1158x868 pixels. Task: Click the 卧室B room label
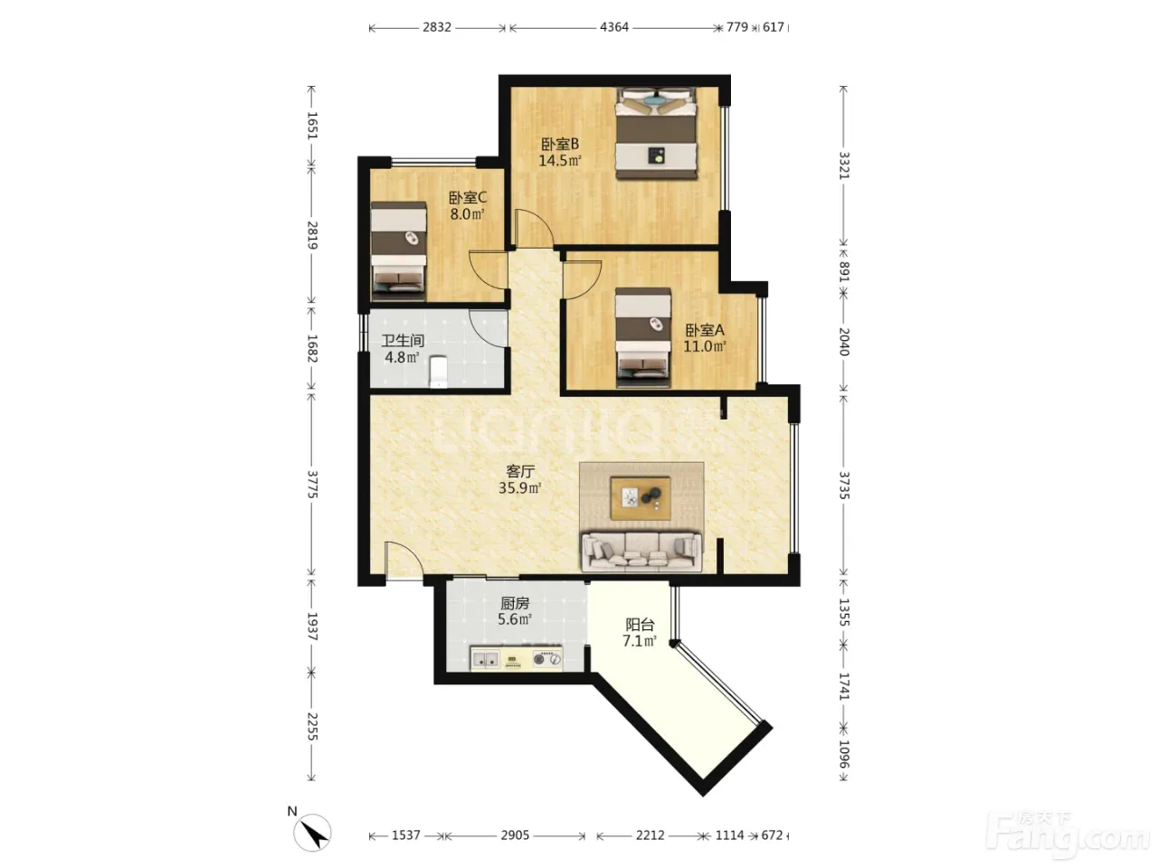coord(560,144)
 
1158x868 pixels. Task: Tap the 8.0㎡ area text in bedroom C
coord(468,214)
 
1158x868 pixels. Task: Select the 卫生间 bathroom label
coord(403,341)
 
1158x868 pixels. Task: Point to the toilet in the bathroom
coord(439,371)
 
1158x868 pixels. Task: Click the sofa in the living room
coord(641,552)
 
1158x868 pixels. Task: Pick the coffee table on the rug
coord(641,497)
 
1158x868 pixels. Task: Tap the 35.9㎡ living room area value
coord(520,488)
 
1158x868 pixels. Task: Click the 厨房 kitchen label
coord(515,603)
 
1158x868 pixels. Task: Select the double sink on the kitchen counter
coord(117,659)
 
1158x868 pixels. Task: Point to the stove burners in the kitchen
coord(547,659)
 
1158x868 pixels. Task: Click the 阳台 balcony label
coord(640,625)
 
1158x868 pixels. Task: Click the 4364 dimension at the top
coord(614,27)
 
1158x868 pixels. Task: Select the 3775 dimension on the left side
coord(311,485)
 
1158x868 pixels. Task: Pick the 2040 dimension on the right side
coord(844,342)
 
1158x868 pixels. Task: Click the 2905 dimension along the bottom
coord(515,835)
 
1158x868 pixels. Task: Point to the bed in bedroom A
coord(643,337)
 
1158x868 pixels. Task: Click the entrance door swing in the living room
coord(403,561)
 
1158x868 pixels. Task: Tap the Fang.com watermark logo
coord(1068,838)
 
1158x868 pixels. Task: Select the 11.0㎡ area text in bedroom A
coord(705,346)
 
